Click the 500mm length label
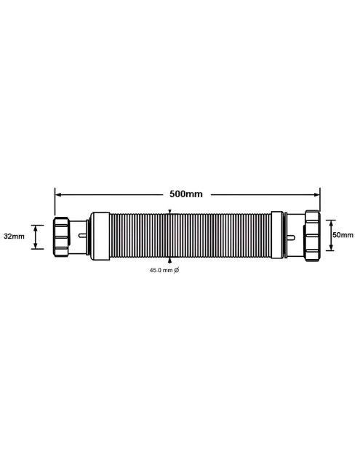(185, 194)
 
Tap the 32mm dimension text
(14, 237)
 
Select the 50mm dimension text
(343, 235)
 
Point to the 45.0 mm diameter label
(160, 270)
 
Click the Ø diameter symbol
(177, 270)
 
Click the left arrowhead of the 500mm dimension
(58, 194)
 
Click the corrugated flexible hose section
(189, 235)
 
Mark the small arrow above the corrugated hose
(169, 212)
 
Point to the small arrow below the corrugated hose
(169, 259)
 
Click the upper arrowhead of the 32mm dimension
(34, 225)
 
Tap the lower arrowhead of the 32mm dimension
(34, 247)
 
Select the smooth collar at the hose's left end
(100, 234)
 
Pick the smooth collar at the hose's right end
(277, 234)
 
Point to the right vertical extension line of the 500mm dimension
(320, 202)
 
